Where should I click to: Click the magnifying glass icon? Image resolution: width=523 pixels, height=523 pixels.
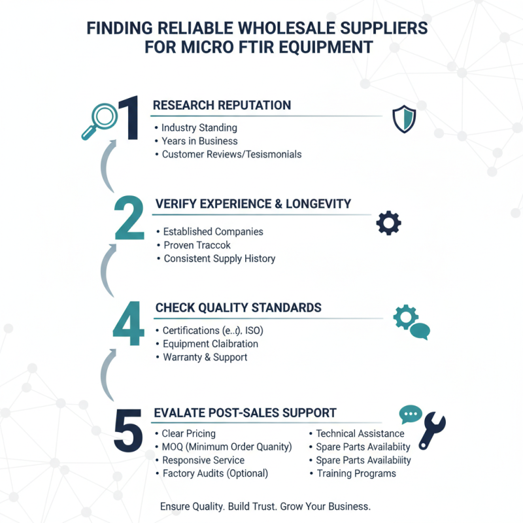(x=100, y=121)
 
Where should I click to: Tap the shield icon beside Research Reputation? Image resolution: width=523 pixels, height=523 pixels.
(x=404, y=119)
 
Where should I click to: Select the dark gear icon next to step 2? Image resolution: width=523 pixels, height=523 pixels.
(x=388, y=223)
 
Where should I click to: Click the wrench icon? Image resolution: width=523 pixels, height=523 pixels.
(x=431, y=431)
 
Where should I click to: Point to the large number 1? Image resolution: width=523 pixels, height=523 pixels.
(x=129, y=118)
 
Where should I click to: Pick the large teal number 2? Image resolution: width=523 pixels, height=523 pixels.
(x=129, y=218)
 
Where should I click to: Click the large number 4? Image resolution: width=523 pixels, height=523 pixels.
(x=128, y=323)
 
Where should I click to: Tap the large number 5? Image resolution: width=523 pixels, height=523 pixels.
(x=128, y=430)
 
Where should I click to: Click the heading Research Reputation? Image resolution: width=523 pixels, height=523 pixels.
(x=222, y=105)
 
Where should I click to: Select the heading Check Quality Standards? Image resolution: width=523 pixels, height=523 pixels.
(x=239, y=307)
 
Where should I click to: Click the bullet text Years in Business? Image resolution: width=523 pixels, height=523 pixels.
(x=199, y=141)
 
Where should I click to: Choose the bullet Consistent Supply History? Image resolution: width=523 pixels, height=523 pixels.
(x=220, y=259)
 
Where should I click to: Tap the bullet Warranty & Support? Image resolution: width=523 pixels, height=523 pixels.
(x=205, y=357)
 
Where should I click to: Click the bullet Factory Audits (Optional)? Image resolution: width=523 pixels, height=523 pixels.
(x=215, y=473)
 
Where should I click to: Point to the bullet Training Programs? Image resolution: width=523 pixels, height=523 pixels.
(x=356, y=473)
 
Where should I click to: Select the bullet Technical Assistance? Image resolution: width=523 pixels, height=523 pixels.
(x=360, y=433)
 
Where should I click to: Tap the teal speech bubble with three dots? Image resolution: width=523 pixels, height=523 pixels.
(x=411, y=414)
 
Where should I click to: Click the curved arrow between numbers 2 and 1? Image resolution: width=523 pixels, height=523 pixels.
(x=105, y=165)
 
